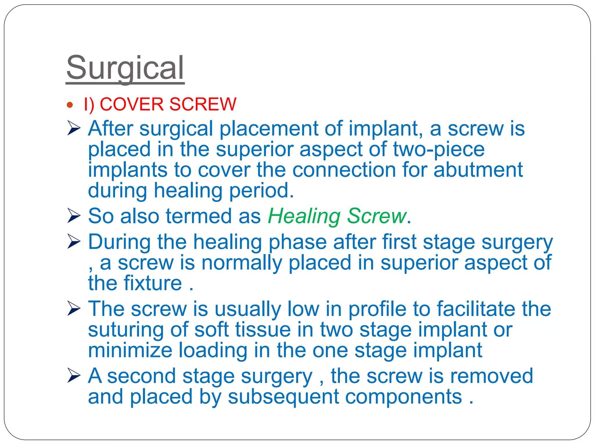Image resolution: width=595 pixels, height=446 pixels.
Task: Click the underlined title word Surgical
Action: [125, 68]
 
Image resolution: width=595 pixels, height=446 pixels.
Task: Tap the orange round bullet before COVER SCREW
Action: [69, 105]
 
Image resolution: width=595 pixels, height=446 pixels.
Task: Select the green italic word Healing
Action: [304, 217]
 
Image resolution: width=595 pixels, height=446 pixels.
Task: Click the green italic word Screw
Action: [377, 216]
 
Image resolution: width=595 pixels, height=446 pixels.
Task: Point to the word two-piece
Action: [438, 150]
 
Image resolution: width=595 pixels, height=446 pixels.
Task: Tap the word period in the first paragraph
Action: [261, 191]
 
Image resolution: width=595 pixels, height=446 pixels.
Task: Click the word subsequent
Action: [283, 397]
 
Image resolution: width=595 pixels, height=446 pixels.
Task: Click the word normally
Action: [241, 263]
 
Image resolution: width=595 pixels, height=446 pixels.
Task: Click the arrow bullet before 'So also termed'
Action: [74, 216]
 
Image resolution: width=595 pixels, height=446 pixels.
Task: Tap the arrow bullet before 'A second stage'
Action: [74, 376]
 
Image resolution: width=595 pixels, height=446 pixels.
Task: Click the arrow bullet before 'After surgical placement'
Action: [74, 128]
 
